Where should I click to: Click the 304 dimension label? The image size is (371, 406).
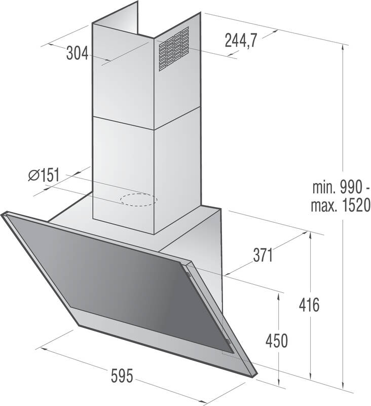pos(77,53)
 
